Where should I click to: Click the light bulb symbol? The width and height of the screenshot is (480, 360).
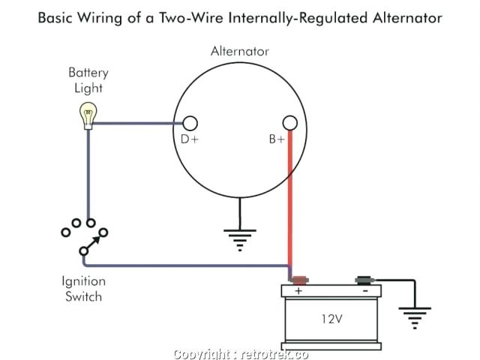[88, 115]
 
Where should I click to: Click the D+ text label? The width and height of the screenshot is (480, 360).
[190, 139]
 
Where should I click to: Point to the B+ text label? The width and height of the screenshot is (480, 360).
[277, 139]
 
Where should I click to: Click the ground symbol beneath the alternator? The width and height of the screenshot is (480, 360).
[240, 240]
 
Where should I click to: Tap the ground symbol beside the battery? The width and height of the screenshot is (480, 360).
[415, 318]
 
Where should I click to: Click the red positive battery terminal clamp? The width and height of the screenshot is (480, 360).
[299, 280]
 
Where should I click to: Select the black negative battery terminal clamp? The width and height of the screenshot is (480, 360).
[364, 280]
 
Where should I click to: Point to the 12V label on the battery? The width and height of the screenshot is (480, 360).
[331, 319]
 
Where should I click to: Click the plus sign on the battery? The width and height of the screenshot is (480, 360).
[298, 290]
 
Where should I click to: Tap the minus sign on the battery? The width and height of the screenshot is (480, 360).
[365, 291]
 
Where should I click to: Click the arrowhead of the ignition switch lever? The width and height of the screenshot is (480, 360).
[97, 240]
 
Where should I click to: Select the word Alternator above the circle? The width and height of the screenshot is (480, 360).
[240, 51]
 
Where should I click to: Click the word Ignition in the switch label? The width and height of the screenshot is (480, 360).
[83, 281]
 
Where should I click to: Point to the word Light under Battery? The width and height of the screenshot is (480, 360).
[88, 88]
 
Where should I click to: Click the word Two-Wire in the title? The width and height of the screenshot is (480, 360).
[191, 18]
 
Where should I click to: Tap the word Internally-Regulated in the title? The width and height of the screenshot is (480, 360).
[298, 18]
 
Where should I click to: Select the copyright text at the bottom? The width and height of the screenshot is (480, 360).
[241, 354]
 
